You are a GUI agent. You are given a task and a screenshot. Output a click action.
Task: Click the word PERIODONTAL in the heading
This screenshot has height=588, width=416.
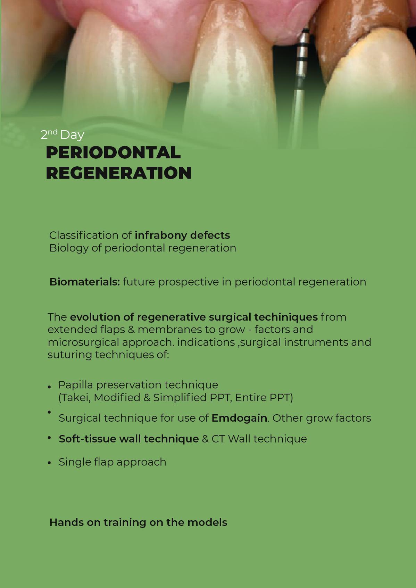[113, 152]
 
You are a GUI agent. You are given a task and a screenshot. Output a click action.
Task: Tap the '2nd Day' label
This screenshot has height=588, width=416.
[63, 135]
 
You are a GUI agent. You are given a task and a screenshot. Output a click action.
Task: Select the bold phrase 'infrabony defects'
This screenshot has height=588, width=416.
[182, 235]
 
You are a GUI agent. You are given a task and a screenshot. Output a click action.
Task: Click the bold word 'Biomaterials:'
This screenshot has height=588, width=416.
[84, 282]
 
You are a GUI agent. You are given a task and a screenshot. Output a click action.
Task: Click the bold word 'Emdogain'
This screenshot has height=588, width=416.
[239, 418]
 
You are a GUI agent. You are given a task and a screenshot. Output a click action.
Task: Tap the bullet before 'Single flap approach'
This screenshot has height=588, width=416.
[49, 463]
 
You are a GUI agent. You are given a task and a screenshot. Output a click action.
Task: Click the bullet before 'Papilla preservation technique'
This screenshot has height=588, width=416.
[49, 387]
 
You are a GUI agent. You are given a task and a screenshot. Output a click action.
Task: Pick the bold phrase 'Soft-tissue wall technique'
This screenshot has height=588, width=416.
[128, 439]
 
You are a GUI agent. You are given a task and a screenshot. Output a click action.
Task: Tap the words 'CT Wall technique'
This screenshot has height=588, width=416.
[259, 439]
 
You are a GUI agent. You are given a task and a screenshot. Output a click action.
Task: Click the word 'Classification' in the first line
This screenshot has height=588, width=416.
[84, 235]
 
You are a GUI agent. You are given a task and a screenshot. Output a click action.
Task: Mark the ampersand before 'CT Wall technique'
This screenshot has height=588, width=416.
[205, 439]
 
